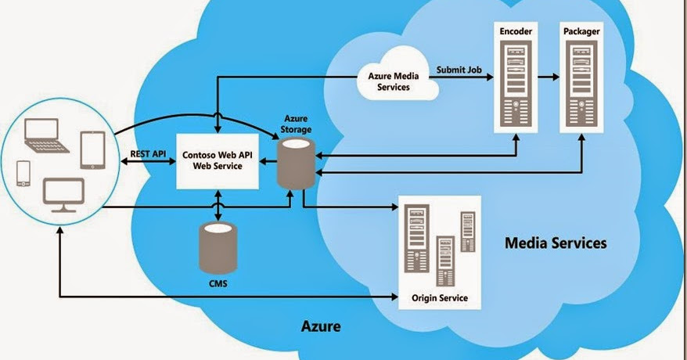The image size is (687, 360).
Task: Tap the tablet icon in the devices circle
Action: click(92, 150)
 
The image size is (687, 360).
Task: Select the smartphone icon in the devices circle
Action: click(23, 173)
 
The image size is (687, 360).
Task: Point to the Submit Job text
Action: click(458, 70)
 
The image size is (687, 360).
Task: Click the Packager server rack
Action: click(580, 83)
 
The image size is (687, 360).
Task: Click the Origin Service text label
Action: click(439, 297)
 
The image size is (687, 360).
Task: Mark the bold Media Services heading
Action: click(556, 243)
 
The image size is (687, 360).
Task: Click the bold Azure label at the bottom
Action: click(321, 325)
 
